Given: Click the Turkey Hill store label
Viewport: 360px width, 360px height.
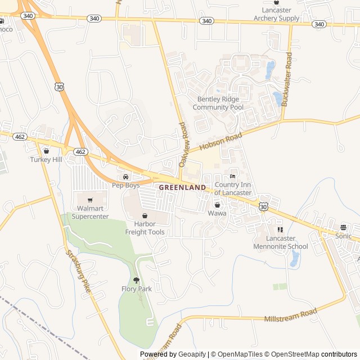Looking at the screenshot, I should click(x=46, y=159).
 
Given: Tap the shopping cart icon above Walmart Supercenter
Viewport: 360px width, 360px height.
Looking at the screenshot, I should click(x=89, y=200).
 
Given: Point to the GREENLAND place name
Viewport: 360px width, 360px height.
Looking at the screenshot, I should click(x=182, y=187).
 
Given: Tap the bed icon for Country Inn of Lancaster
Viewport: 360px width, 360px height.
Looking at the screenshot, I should click(x=233, y=177).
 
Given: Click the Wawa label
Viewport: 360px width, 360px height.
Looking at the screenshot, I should click(x=217, y=214).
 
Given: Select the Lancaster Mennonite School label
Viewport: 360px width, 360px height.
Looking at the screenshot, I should click(x=280, y=242).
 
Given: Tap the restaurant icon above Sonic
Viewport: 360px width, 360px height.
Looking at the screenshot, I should click(x=343, y=227).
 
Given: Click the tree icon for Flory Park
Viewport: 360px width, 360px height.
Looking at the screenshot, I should click(x=137, y=280).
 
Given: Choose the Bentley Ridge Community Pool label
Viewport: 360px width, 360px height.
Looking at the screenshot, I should click(x=218, y=103).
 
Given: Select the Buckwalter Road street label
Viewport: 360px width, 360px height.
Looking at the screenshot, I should click(x=288, y=79).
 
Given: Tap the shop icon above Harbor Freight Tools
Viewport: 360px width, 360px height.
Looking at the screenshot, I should click(x=145, y=215).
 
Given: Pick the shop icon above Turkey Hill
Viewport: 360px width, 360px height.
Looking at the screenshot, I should click(x=46, y=151).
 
